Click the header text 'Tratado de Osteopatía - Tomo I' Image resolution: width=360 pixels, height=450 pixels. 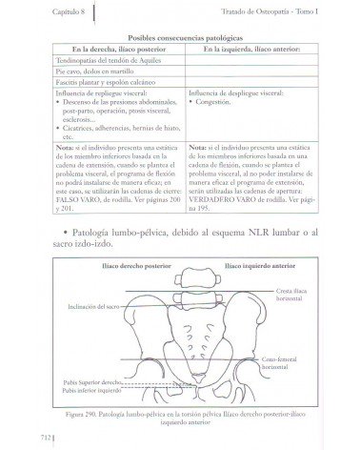(x=286, y=10)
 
